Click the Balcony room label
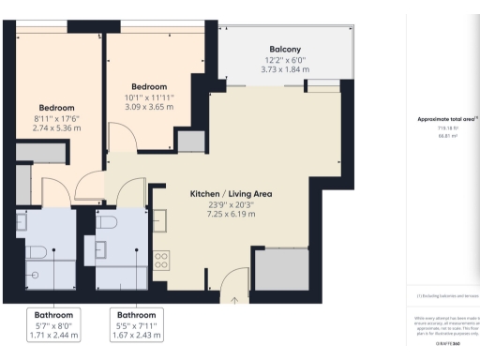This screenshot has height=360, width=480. [285, 49]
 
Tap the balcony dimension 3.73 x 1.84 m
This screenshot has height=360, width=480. [285, 69]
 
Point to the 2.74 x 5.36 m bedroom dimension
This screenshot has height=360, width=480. [56, 128]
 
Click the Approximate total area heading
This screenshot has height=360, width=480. [446, 119]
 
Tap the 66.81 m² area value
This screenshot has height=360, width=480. [445, 135]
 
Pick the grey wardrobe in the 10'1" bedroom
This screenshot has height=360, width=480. [189, 141]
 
